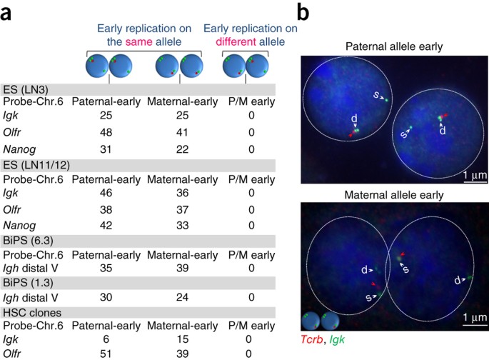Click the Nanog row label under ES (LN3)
(19, 148)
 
